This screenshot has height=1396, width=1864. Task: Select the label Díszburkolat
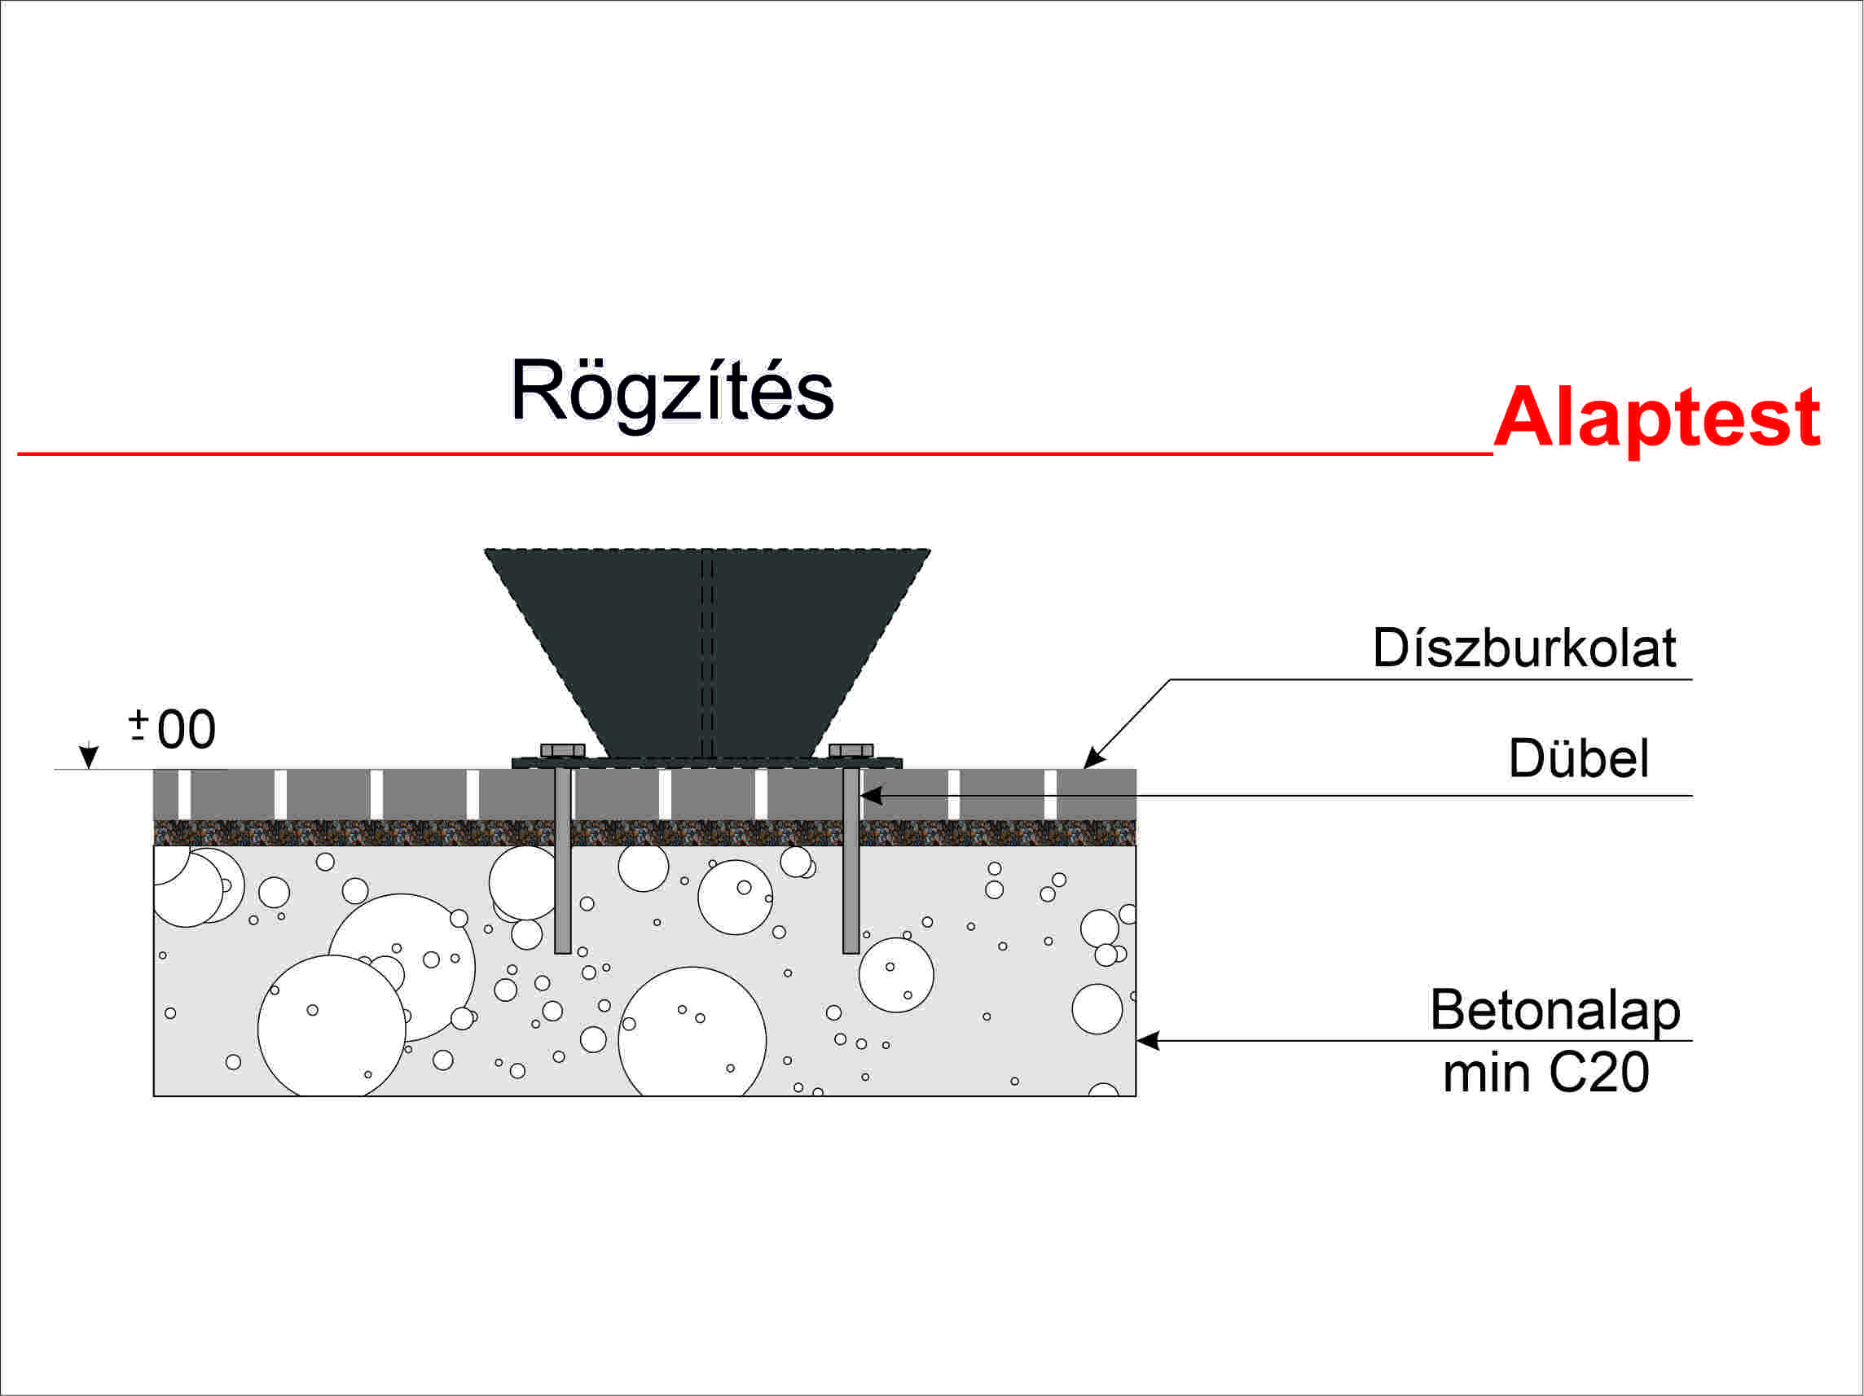(x=1523, y=648)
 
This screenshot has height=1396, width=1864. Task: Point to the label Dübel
(x=1578, y=758)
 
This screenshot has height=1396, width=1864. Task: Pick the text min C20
(x=1545, y=1073)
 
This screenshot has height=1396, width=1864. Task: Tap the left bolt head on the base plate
(x=562, y=751)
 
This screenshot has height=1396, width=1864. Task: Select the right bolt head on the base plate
(x=851, y=751)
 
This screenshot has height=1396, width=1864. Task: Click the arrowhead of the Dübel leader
(x=870, y=795)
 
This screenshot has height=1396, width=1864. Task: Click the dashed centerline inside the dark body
(x=708, y=657)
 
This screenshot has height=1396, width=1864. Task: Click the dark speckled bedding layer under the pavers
(x=354, y=832)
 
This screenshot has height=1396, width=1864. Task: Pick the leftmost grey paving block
(x=165, y=793)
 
